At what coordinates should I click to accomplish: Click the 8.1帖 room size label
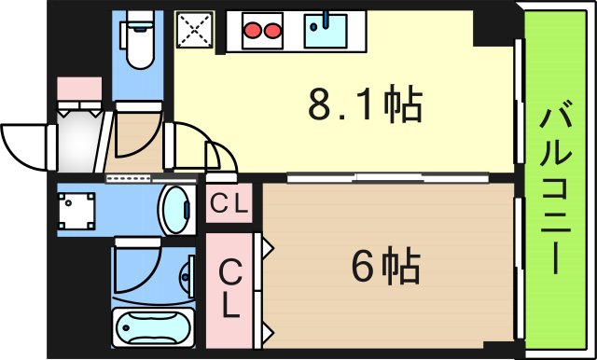[366, 106]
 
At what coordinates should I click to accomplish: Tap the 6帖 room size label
[385, 269]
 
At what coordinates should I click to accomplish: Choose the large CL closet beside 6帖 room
[230, 288]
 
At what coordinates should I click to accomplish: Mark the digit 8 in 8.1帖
[321, 106]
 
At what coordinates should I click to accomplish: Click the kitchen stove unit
[262, 31]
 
